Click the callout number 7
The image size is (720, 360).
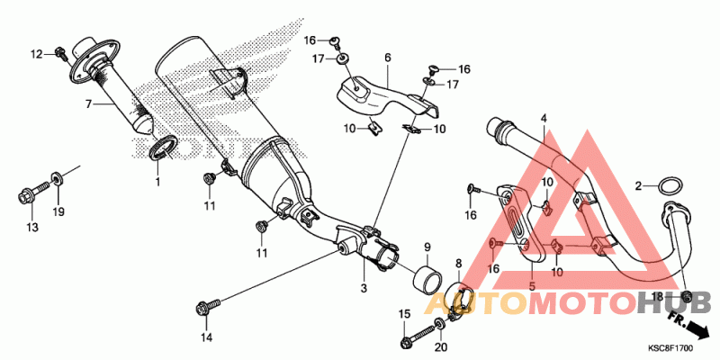[88, 104]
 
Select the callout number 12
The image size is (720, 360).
[36, 55]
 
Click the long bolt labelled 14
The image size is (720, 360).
[208, 306]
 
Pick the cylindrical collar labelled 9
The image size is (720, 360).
[428, 279]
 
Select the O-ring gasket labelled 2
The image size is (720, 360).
[670, 186]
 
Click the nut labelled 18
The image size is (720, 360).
[687, 296]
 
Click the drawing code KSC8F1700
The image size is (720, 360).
[670, 349]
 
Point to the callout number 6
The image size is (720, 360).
[388, 58]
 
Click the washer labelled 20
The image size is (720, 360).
[438, 322]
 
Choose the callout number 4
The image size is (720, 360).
[544, 118]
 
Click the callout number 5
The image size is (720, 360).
[532, 286]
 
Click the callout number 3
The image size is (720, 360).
[364, 288]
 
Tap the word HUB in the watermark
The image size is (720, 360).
[674, 302]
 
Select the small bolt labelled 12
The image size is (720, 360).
[61, 53]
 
